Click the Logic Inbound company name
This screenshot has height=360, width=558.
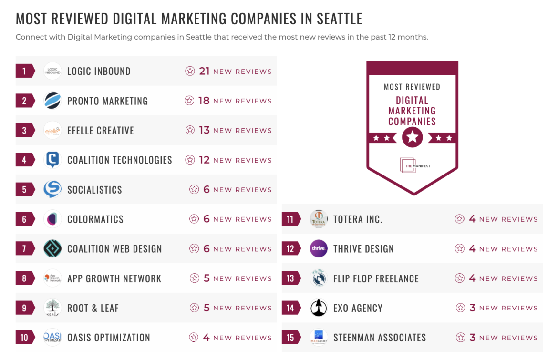99,72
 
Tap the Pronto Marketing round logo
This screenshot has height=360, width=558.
52,101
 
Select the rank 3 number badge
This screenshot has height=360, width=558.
24,131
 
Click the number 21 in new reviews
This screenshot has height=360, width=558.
205,72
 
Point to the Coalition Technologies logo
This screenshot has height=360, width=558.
52,160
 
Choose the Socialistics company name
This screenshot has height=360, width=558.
94,190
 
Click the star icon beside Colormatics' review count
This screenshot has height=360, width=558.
194,219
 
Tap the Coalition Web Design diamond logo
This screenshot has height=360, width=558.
52,249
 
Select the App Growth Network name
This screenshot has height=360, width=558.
114,278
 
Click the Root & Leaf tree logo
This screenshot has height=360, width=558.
52,308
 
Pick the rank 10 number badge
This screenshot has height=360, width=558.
24,338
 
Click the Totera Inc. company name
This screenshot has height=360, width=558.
358,219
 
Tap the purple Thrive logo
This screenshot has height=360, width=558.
319,249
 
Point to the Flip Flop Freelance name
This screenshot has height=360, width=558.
376,278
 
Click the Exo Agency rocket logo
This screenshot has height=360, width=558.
319,308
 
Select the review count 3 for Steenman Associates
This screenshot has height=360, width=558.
473,338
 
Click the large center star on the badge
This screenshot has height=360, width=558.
412,138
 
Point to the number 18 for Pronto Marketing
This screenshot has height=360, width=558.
204,101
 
